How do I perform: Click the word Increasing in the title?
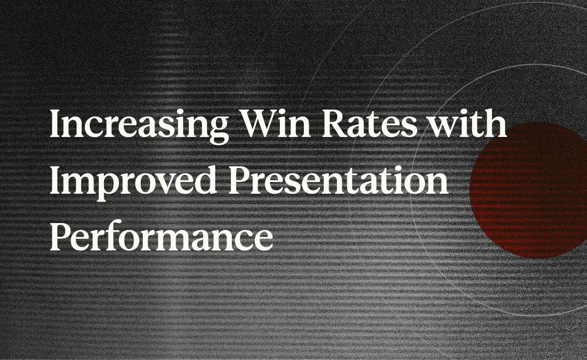coord(139,125)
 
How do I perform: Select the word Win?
coord(275,122)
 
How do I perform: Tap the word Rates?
coord(369,122)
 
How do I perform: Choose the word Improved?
coord(133,181)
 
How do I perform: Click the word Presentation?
coord(339,180)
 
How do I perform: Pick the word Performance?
coord(161,236)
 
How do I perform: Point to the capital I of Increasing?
coord(56,122)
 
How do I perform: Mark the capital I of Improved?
coord(56,180)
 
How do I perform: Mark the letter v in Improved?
coord(167,183)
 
